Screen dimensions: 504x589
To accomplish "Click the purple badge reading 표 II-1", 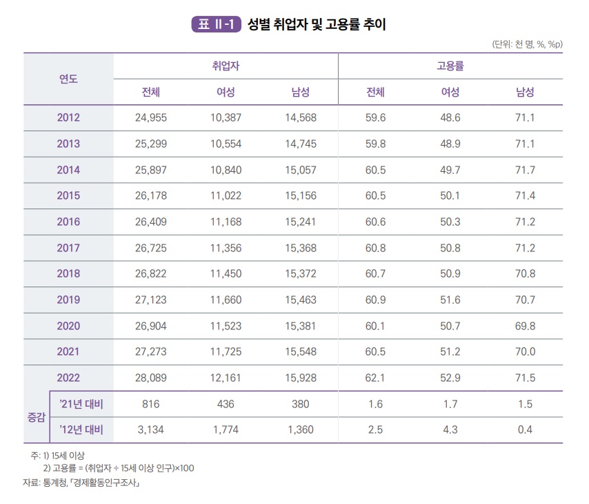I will point(215,25).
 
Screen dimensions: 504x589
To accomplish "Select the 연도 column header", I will point(68,79).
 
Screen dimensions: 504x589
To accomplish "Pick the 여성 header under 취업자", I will point(226,92).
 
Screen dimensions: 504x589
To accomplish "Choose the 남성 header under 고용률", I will point(525,92).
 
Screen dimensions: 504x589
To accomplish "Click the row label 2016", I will point(68,222).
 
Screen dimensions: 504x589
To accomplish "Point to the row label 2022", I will point(68,378).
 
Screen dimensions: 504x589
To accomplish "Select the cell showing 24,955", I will point(150,117).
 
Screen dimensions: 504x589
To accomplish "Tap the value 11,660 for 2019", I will point(226,300).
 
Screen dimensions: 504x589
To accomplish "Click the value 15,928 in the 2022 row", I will point(300,378).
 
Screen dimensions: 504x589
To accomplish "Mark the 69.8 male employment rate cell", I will point(525,326).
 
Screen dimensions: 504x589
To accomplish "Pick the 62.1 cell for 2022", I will point(375,378).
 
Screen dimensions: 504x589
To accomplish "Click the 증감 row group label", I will point(35,417).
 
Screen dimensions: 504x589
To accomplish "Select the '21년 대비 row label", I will point(81,404).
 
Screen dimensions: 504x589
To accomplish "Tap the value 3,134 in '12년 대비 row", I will point(150,430).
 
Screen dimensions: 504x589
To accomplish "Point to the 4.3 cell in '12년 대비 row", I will point(450,430).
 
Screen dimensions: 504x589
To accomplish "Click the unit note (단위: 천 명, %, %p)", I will point(527,44).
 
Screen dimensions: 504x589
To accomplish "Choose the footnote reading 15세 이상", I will point(63,456).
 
